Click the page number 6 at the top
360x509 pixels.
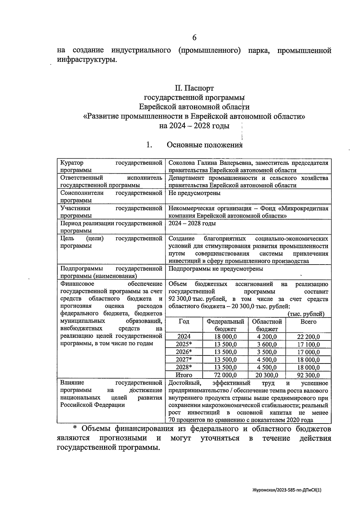(x=194, y=37)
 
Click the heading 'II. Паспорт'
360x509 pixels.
(x=194, y=88)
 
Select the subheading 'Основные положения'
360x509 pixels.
(x=204, y=145)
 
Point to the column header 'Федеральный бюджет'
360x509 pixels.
(x=225, y=325)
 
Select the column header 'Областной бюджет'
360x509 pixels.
(x=267, y=325)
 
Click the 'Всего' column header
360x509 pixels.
(x=308, y=322)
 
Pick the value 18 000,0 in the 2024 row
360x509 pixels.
(x=225, y=337)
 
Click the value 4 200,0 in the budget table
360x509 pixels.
(x=267, y=337)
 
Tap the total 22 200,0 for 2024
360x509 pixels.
(x=308, y=337)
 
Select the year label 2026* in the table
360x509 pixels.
(x=184, y=352)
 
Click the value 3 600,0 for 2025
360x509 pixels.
(x=267, y=344)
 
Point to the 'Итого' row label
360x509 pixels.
(x=184, y=375)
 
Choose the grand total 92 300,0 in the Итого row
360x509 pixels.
(x=308, y=375)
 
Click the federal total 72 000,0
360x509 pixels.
(x=225, y=375)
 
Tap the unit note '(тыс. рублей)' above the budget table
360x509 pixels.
(x=306, y=314)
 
